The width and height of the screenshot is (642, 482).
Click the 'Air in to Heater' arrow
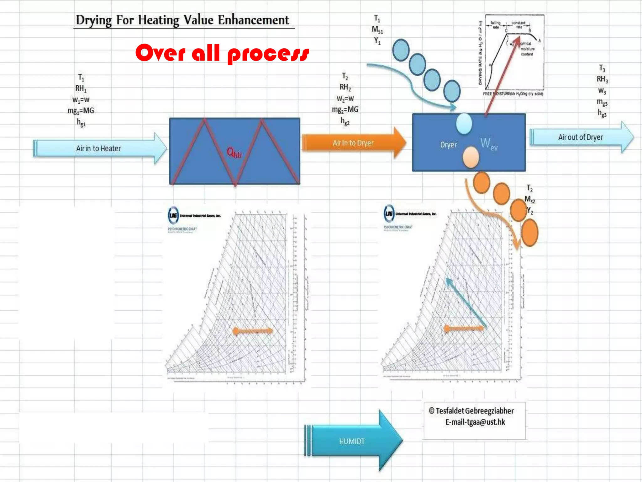click(x=99, y=148)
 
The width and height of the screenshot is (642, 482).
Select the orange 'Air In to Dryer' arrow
click(x=353, y=143)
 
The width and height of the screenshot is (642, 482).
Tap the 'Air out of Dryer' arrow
click(x=580, y=137)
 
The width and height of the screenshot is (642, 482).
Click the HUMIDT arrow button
click(x=352, y=441)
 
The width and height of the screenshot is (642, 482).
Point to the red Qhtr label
click(x=234, y=153)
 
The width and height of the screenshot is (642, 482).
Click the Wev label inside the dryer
click(x=488, y=144)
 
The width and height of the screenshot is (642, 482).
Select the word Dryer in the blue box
click(x=448, y=145)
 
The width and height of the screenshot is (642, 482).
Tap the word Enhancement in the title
click(x=253, y=20)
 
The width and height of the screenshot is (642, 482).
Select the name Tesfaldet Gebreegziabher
click(x=475, y=411)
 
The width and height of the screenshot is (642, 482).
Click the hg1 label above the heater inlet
click(x=81, y=122)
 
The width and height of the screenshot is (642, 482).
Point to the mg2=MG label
click(x=345, y=110)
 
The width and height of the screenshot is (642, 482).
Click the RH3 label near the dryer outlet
click(x=602, y=79)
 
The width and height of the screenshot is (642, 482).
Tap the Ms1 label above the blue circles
click(x=377, y=30)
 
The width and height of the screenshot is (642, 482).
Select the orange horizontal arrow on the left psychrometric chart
click(x=253, y=331)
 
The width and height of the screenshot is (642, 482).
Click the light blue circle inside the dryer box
click(x=464, y=124)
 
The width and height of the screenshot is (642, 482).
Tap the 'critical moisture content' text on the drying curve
click(x=527, y=49)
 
